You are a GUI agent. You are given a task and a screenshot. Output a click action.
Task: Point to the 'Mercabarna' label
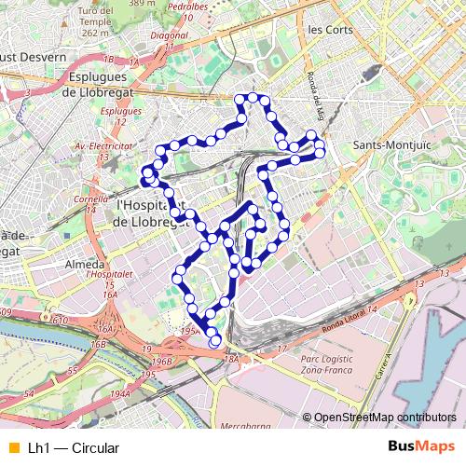tap(244, 426)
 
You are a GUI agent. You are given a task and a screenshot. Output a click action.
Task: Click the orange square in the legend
tap(13, 448)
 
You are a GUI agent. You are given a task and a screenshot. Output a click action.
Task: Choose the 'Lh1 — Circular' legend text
tap(74, 448)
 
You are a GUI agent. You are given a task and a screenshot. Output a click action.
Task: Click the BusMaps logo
tap(422, 447)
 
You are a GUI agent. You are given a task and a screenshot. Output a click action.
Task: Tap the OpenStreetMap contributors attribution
tap(385, 417)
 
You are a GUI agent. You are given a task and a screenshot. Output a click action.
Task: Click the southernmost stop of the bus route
tap(215, 341)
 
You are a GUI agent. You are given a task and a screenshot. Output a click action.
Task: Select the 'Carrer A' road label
tap(384, 364)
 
